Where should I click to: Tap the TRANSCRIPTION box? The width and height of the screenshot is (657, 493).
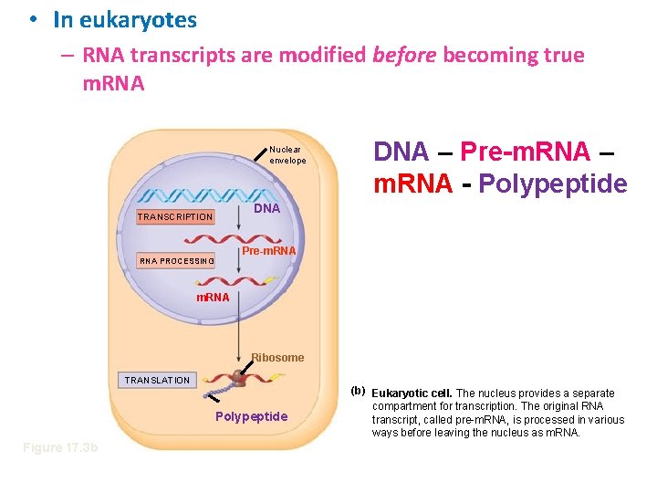tap(174, 217)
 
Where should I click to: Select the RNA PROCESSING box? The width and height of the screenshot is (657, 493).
tap(176, 260)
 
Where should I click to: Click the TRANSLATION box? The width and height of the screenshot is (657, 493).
tap(157, 380)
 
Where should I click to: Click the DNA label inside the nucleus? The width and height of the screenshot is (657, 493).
tap(266, 209)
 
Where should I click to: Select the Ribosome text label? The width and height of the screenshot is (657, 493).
tap(277, 357)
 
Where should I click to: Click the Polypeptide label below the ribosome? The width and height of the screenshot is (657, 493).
tap(251, 416)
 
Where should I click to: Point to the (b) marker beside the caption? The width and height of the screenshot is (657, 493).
tap(358, 391)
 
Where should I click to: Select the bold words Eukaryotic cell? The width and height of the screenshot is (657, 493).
tap(412, 393)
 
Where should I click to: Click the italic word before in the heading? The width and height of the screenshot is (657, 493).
tap(403, 55)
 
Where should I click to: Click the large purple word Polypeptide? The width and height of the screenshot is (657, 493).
tap(554, 184)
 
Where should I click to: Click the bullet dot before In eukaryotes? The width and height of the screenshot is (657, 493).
tap(32, 19)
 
